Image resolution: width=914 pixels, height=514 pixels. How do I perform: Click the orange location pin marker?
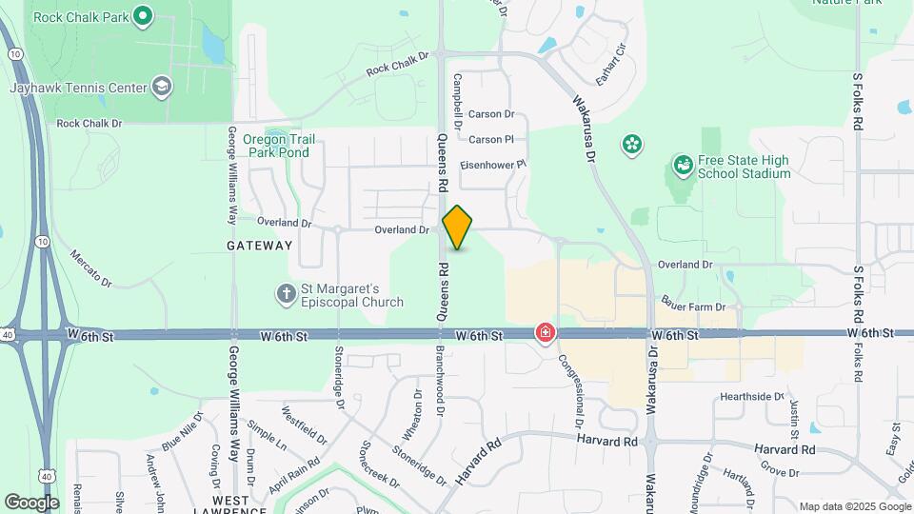point(458,227)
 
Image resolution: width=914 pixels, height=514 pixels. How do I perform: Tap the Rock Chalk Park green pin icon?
point(143,15)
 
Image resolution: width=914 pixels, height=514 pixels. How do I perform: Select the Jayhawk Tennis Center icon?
point(162,87)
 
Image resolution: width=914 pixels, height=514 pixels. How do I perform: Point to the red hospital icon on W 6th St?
point(546,333)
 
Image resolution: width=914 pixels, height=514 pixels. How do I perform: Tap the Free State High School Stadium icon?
point(682,166)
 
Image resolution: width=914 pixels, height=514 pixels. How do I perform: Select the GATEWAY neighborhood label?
point(260,246)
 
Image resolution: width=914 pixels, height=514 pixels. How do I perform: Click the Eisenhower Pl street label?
point(493,165)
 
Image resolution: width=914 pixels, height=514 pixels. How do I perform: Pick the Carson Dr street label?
point(491,114)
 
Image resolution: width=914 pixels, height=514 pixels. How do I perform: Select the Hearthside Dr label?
point(752,396)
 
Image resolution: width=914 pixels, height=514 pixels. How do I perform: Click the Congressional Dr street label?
point(577,390)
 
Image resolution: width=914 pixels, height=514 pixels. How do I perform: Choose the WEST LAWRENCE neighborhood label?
point(239,505)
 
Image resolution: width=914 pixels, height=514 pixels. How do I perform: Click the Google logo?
point(31,502)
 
